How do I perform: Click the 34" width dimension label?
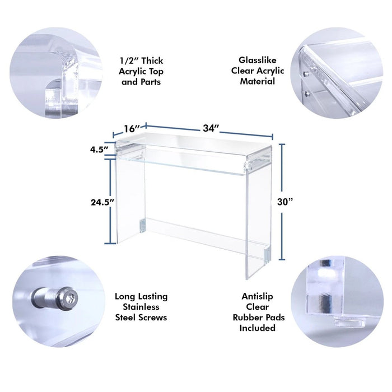(x=211, y=128)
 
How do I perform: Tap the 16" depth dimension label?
(x=132, y=128)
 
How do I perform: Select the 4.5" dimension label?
(x=99, y=150)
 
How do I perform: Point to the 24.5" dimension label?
(x=102, y=202)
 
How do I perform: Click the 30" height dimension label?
(x=284, y=202)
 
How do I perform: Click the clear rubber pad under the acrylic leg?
(x=349, y=322)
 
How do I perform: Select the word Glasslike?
(x=257, y=60)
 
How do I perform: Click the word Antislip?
(x=257, y=296)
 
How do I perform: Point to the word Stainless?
(x=141, y=307)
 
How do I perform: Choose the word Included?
(x=257, y=328)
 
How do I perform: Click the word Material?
(x=257, y=81)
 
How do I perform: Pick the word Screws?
(x=153, y=318)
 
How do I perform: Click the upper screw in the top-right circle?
(x=305, y=74)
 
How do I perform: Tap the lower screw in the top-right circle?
(x=306, y=94)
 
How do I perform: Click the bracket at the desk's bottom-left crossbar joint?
(x=142, y=226)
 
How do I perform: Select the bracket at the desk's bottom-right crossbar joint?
(x=268, y=254)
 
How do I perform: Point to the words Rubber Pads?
(x=259, y=318)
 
